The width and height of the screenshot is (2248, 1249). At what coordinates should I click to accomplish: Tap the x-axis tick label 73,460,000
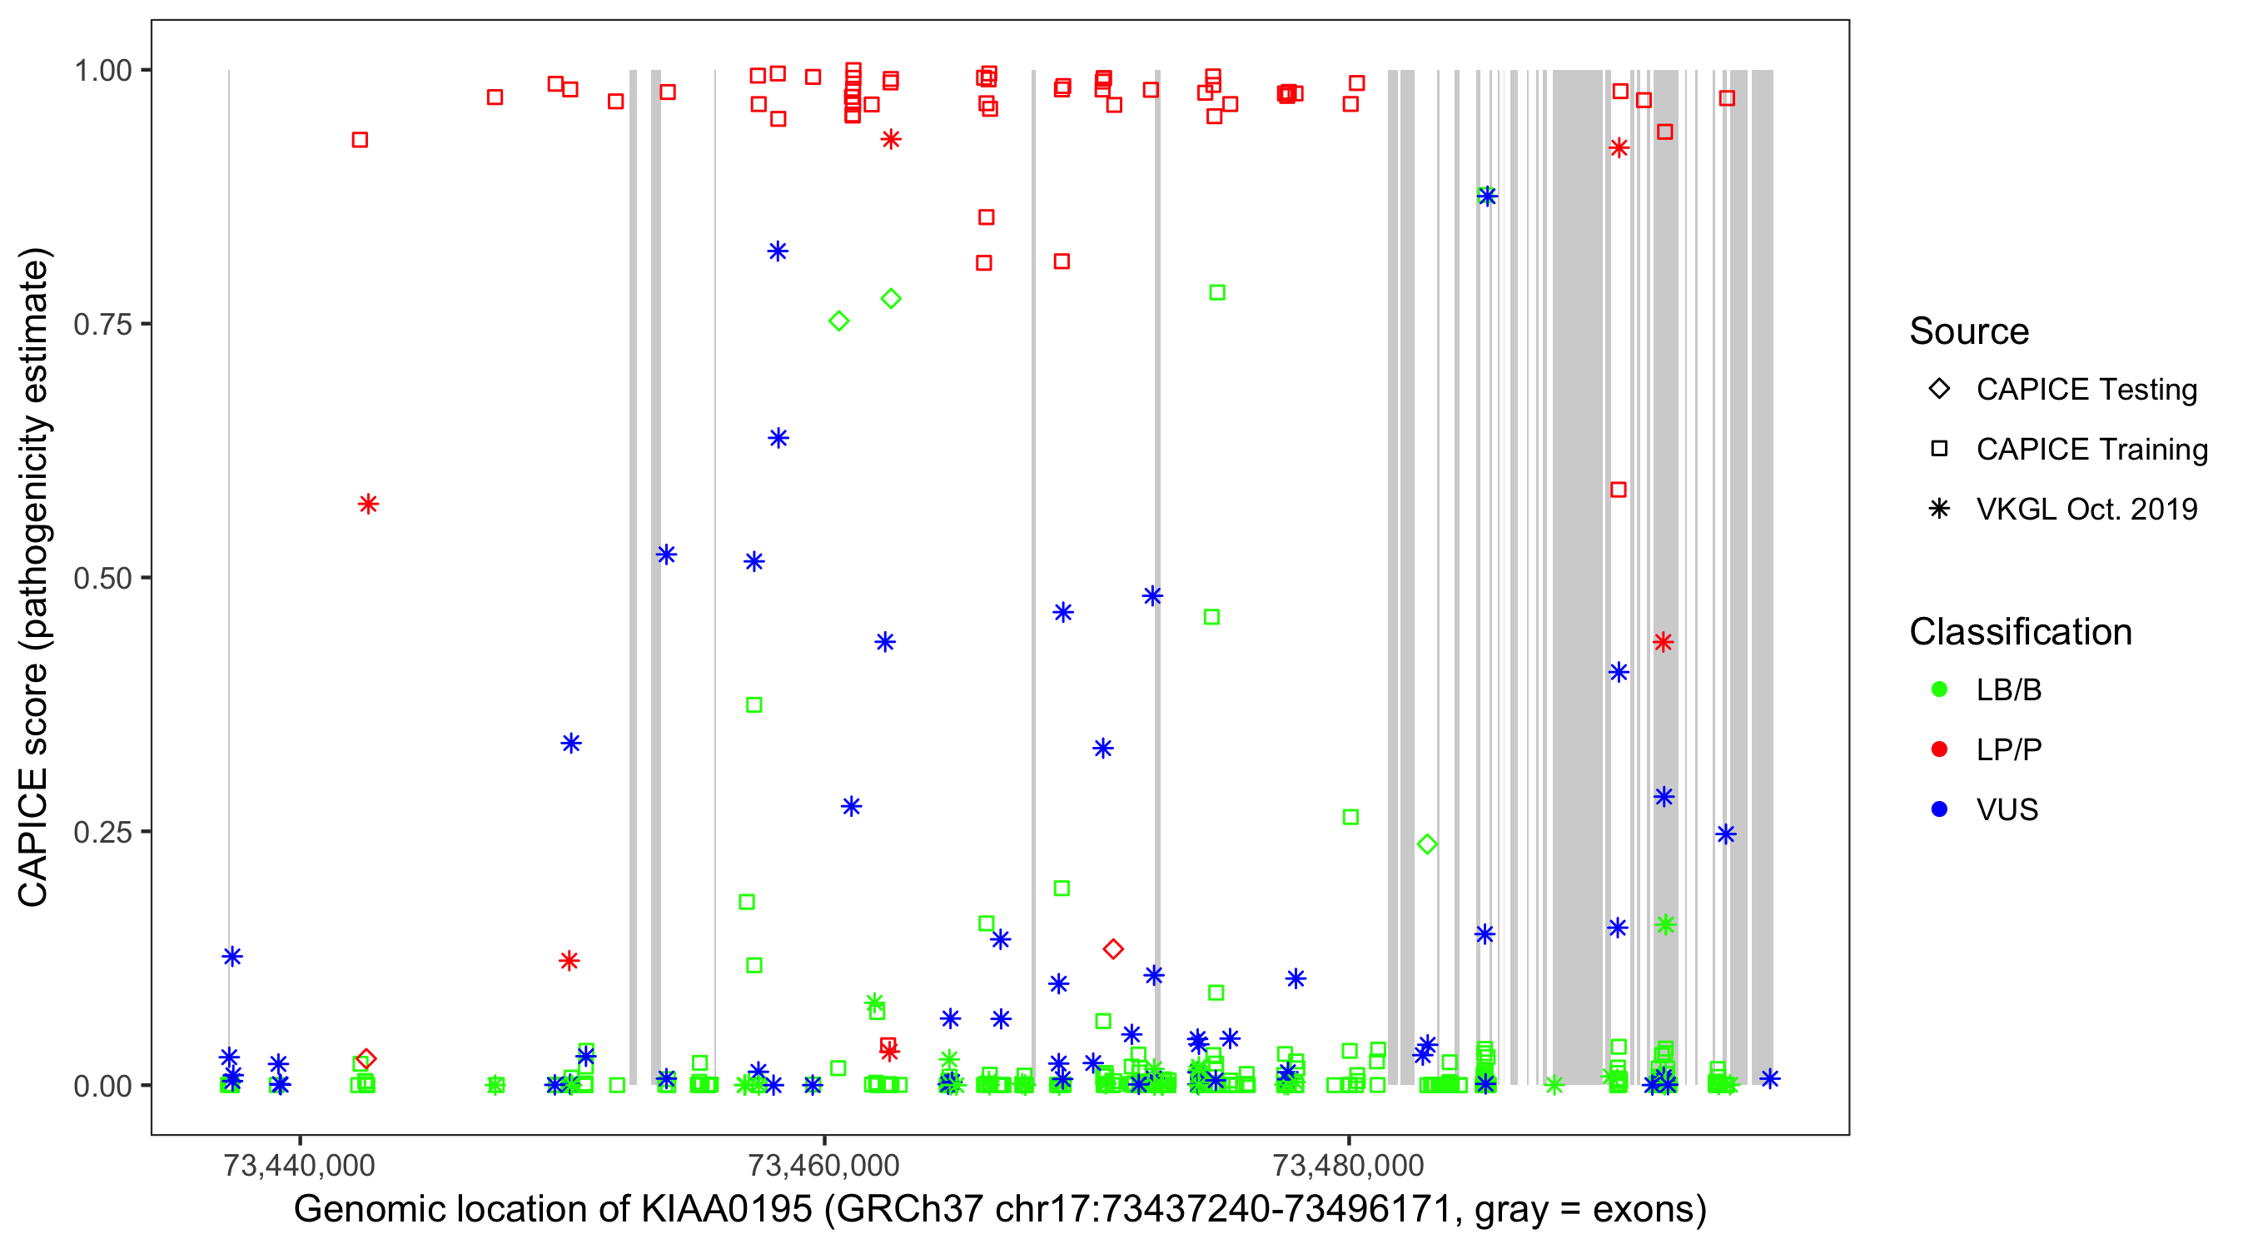823,1165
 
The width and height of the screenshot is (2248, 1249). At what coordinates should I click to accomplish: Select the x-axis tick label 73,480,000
1348,1165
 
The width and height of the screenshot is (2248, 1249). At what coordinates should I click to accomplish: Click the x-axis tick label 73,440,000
300,1165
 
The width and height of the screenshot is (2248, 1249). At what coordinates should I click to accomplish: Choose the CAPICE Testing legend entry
2086,390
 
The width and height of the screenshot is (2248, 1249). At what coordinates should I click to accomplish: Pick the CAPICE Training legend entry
2091,450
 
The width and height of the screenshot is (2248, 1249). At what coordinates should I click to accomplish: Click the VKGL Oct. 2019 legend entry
2086,509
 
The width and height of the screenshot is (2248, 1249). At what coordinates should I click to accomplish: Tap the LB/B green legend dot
1939,689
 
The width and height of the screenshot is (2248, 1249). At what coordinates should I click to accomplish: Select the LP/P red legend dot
1939,749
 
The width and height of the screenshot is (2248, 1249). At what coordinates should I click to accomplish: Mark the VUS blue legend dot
1939,809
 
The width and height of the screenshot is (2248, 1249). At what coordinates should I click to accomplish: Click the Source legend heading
1969,331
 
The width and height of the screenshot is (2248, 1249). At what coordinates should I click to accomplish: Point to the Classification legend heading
2020,632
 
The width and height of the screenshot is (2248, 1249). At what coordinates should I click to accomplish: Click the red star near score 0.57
368,504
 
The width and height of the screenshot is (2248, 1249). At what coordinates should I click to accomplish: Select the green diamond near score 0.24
1427,844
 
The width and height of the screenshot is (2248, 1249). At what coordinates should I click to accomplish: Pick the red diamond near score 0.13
1112,948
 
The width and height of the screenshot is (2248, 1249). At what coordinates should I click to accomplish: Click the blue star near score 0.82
778,251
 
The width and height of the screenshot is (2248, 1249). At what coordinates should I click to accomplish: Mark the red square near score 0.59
1619,490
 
